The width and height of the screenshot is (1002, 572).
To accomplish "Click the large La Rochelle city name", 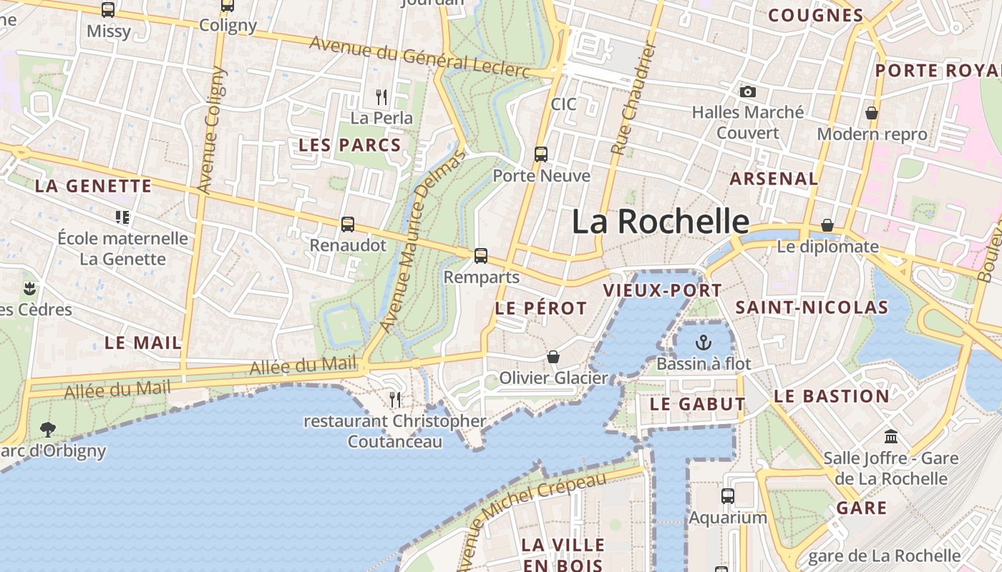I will pos(660,222).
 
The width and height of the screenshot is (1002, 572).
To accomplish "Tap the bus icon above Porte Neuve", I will pos(541,154).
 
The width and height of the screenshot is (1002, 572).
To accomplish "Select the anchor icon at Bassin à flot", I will pos(704,342).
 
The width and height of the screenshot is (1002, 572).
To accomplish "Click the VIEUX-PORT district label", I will pos(662,290).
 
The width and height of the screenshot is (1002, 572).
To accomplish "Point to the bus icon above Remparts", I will pos(481,255).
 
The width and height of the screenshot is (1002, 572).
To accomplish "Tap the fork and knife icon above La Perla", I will pos(381,97).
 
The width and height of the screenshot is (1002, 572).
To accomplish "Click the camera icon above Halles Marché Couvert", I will pos(748,92).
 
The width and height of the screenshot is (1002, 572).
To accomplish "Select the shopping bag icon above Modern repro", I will pos(872,113).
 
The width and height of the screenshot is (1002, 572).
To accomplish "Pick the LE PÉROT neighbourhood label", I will pos(540,309).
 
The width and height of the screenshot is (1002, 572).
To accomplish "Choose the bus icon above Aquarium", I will pos(728,495).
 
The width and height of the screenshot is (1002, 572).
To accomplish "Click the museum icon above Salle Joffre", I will pos(891,436).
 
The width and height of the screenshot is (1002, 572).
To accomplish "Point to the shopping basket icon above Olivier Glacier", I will pos(553,357).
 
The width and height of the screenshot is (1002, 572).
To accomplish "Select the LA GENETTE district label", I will pos(93,187).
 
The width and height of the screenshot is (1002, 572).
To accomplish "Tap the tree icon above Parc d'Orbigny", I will pos(48,430).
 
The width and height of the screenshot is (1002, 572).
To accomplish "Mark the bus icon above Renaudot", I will pos(348,224).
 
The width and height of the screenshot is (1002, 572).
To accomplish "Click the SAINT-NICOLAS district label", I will pos(812,308).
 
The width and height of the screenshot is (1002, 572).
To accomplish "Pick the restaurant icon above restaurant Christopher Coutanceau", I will pos(394,399).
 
